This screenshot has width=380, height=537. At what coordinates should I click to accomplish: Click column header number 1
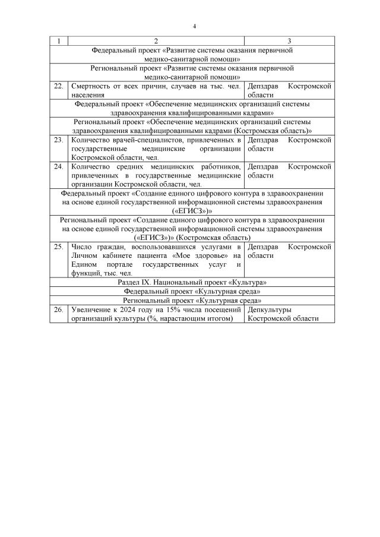tap(59, 41)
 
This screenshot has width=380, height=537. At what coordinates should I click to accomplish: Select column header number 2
tap(156, 41)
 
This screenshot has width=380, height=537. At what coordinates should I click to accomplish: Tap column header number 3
tap(289, 41)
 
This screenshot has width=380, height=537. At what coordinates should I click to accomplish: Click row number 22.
tap(59, 86)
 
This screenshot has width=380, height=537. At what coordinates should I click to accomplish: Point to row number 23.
tap(59, 140)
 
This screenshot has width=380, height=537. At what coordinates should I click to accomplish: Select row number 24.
tap(59, 166)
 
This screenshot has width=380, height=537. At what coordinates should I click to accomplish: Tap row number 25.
tap(59, 247)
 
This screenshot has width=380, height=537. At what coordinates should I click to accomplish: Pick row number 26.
tap(59, 309)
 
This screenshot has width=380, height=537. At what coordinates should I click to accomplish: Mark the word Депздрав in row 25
tap(262, 247)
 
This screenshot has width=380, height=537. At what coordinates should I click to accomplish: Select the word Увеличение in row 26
tap(90, 309)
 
